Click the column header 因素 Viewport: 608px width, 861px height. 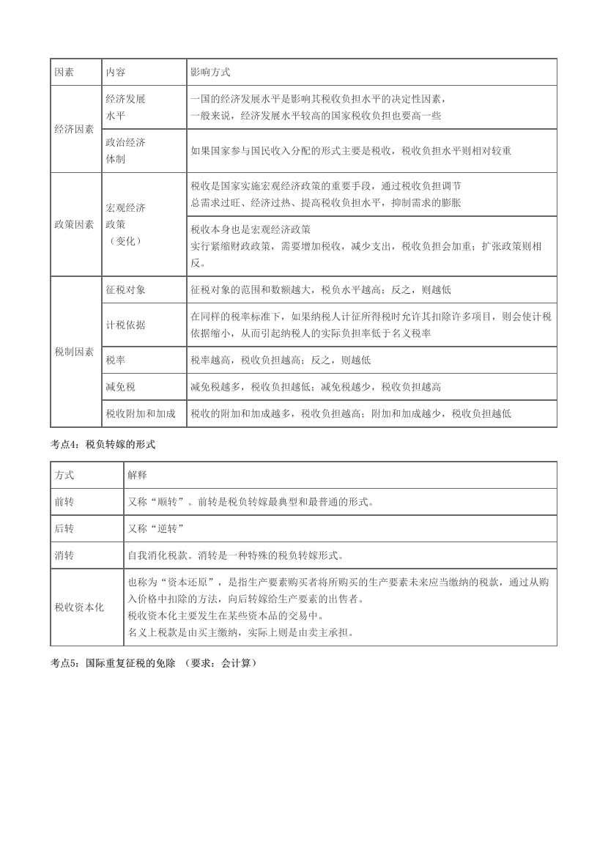point(64,72)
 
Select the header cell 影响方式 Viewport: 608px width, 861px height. point(210,72)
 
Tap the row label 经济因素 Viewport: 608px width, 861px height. point(74,128)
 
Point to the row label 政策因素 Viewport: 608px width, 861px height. point(74,224)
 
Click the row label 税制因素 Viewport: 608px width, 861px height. point(74,352)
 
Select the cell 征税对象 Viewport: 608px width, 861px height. point(125,290)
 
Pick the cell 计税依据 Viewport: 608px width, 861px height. point(125,325)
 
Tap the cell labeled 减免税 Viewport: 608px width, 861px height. point(121,386)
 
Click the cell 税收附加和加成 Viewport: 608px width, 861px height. point(141,413)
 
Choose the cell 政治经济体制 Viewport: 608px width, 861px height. point(125,150)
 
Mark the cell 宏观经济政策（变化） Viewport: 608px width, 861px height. point(125,224)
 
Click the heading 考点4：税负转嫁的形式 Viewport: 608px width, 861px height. point(103,445)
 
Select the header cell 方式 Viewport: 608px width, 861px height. point(64,475)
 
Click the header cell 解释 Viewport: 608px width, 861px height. point(137,475)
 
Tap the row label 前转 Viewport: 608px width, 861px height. point(64,502)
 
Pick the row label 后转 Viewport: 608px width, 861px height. point(64,528)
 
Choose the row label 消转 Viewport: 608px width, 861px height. point(64,555)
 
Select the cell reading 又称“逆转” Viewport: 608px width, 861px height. point(155,528)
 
